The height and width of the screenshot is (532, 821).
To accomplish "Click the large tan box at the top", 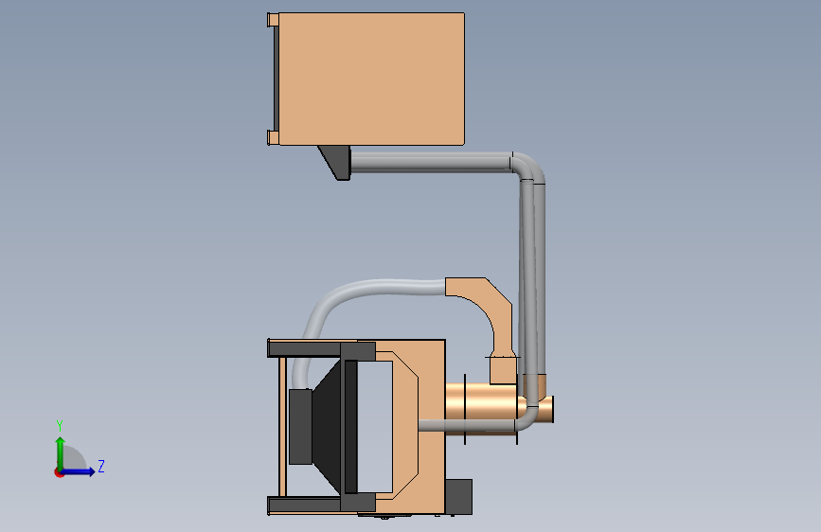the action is [371, 79].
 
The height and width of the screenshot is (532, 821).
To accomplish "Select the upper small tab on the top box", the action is [273, 20].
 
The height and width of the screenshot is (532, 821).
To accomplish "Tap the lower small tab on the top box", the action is [273, 137].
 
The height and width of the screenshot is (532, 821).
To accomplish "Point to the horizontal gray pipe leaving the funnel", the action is [431, 162].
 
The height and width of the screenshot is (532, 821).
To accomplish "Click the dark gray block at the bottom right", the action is [458, 496].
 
